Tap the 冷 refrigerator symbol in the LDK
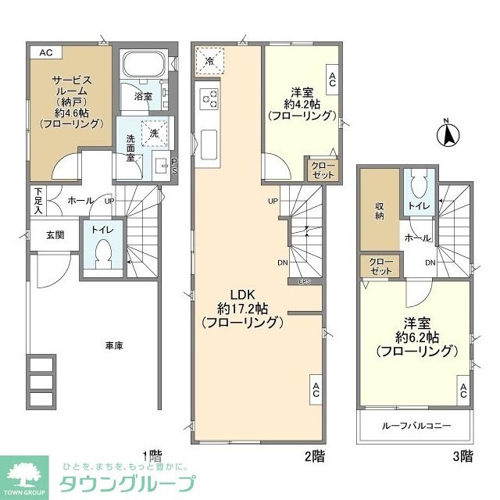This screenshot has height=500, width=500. [x=209, y=59]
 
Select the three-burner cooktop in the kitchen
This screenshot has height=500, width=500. [x=209, y=98]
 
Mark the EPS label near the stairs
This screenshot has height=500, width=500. [x=304, y=281]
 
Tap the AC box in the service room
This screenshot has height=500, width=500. [x=45, y=52]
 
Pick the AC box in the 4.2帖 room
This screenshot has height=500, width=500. [x=332, y=78]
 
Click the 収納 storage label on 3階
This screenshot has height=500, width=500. [x=379, y=210]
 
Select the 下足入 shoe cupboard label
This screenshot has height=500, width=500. [x=37, y=201]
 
